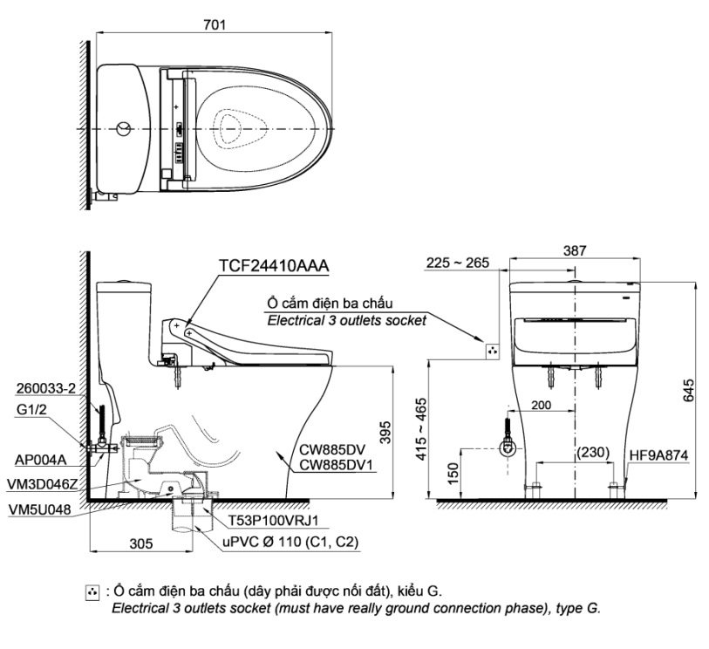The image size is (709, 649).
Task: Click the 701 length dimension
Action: pos(214,25)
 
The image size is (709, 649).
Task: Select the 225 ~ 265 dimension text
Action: pos(458,263)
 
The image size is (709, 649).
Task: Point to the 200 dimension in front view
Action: pos(540,406)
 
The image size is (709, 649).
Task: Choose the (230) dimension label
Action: pos(592,454)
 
